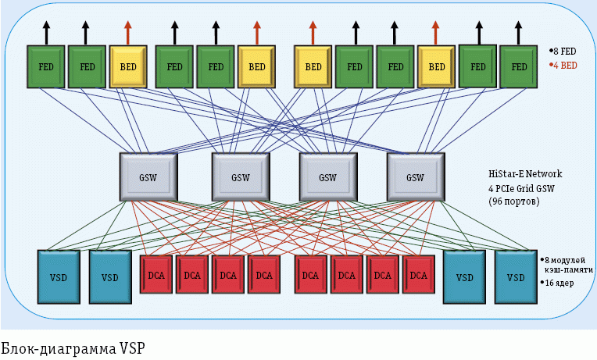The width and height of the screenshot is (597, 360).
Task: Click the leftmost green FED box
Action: click(x=45, y=66)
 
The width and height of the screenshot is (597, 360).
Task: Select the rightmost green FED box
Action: click(x=519, y=66)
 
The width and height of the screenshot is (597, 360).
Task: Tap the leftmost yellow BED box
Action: click(x=128, y=66)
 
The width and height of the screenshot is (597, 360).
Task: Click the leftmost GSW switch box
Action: click(x=148, y=176)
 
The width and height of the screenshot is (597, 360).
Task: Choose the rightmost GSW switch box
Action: click(x=415, y=176)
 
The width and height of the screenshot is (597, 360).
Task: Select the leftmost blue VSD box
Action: click(x=59, y=276)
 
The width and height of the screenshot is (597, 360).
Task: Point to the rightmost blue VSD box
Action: click(x=516, y=276)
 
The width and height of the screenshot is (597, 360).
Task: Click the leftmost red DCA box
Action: click(x=156, y=275)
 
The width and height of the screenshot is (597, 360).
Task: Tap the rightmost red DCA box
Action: click(x=419, y=275)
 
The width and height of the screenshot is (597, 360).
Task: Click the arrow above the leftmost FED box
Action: click(x=45, y=32)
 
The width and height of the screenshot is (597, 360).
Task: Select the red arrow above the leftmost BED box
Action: click(x=128, y=32)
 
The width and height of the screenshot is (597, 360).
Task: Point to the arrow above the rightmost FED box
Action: click(x=519, y=32)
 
